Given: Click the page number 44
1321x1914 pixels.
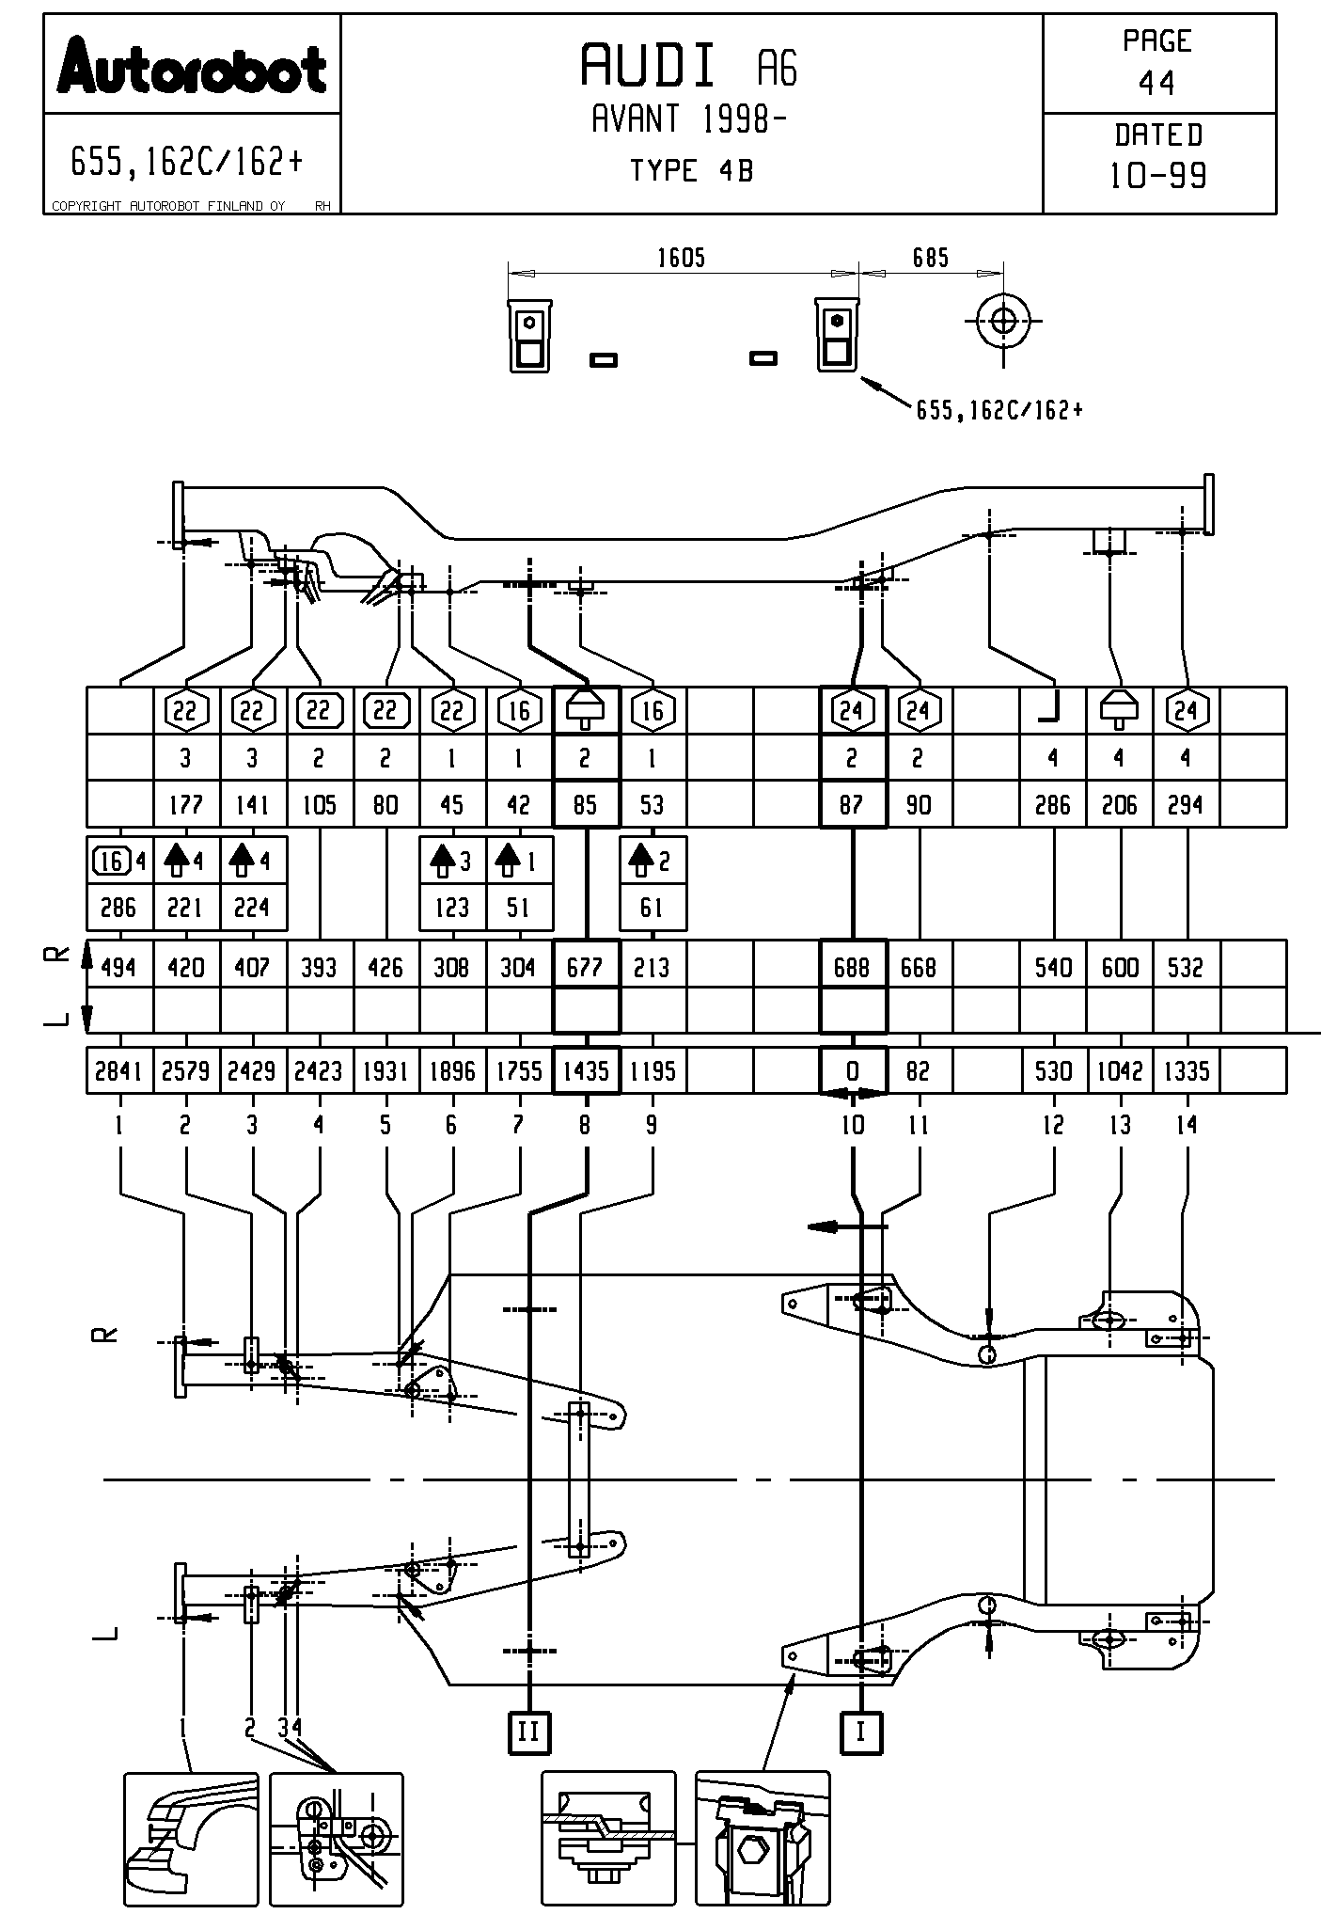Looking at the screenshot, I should click(1156, 84).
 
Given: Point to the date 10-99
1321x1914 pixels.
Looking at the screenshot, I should click(1158, 176).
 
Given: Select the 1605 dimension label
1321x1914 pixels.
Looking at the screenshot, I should click(681, 258).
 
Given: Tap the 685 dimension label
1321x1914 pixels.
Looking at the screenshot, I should click(931, 258).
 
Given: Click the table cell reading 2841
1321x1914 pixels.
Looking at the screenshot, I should click(118, 1071).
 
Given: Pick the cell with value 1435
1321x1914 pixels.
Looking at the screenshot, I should click(586, 1071).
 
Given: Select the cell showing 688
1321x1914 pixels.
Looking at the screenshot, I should click(852, 967).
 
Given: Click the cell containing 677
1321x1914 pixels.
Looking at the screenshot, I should click(586, 967).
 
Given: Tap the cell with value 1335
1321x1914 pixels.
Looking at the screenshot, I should click(1187, 1071).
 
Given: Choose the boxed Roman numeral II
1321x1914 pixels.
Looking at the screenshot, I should click(529, 1732).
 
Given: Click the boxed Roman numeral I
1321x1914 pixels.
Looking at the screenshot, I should click(860, 1732).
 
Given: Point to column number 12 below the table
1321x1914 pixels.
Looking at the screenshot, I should click(1053, 1125).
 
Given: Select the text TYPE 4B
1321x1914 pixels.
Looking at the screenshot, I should click(691, 171).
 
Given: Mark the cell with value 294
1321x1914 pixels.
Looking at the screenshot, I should click(1186, 805).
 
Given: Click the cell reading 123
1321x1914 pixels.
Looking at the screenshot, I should click(452, 908).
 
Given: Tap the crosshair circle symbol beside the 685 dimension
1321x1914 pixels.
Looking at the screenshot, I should click(1003, 320).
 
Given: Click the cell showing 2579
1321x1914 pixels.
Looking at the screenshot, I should click(185, 1071).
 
